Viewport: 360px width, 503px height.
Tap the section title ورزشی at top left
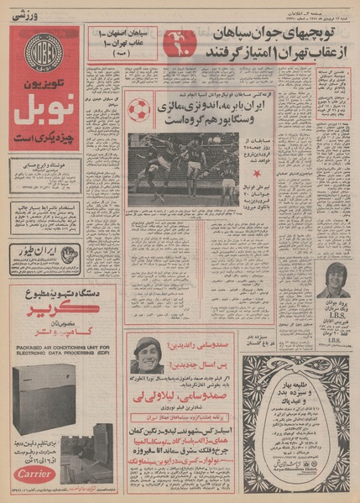click(29, 16)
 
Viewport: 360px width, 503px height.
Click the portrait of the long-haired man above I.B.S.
click(332, 280)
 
